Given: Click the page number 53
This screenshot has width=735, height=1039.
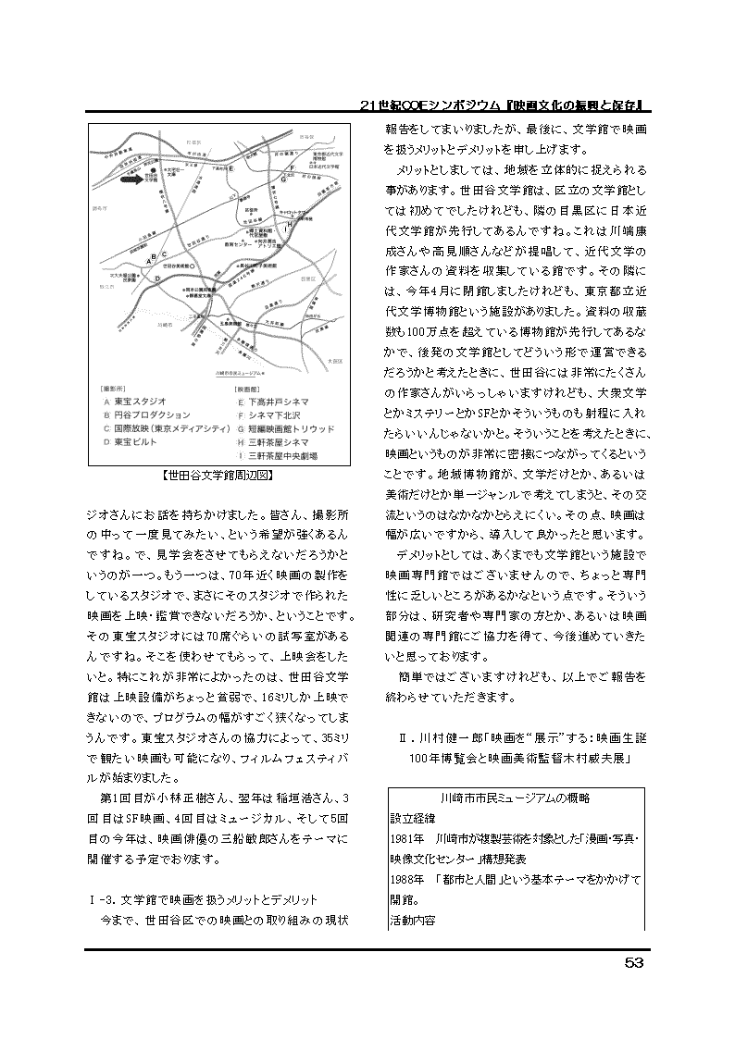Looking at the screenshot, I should coord(633,962).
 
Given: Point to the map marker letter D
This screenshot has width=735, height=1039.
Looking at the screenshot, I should coord(157,277).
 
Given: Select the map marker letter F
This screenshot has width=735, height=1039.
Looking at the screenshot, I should coord(292,167).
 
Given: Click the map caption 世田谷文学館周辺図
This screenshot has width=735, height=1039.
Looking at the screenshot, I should coord(216,477).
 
